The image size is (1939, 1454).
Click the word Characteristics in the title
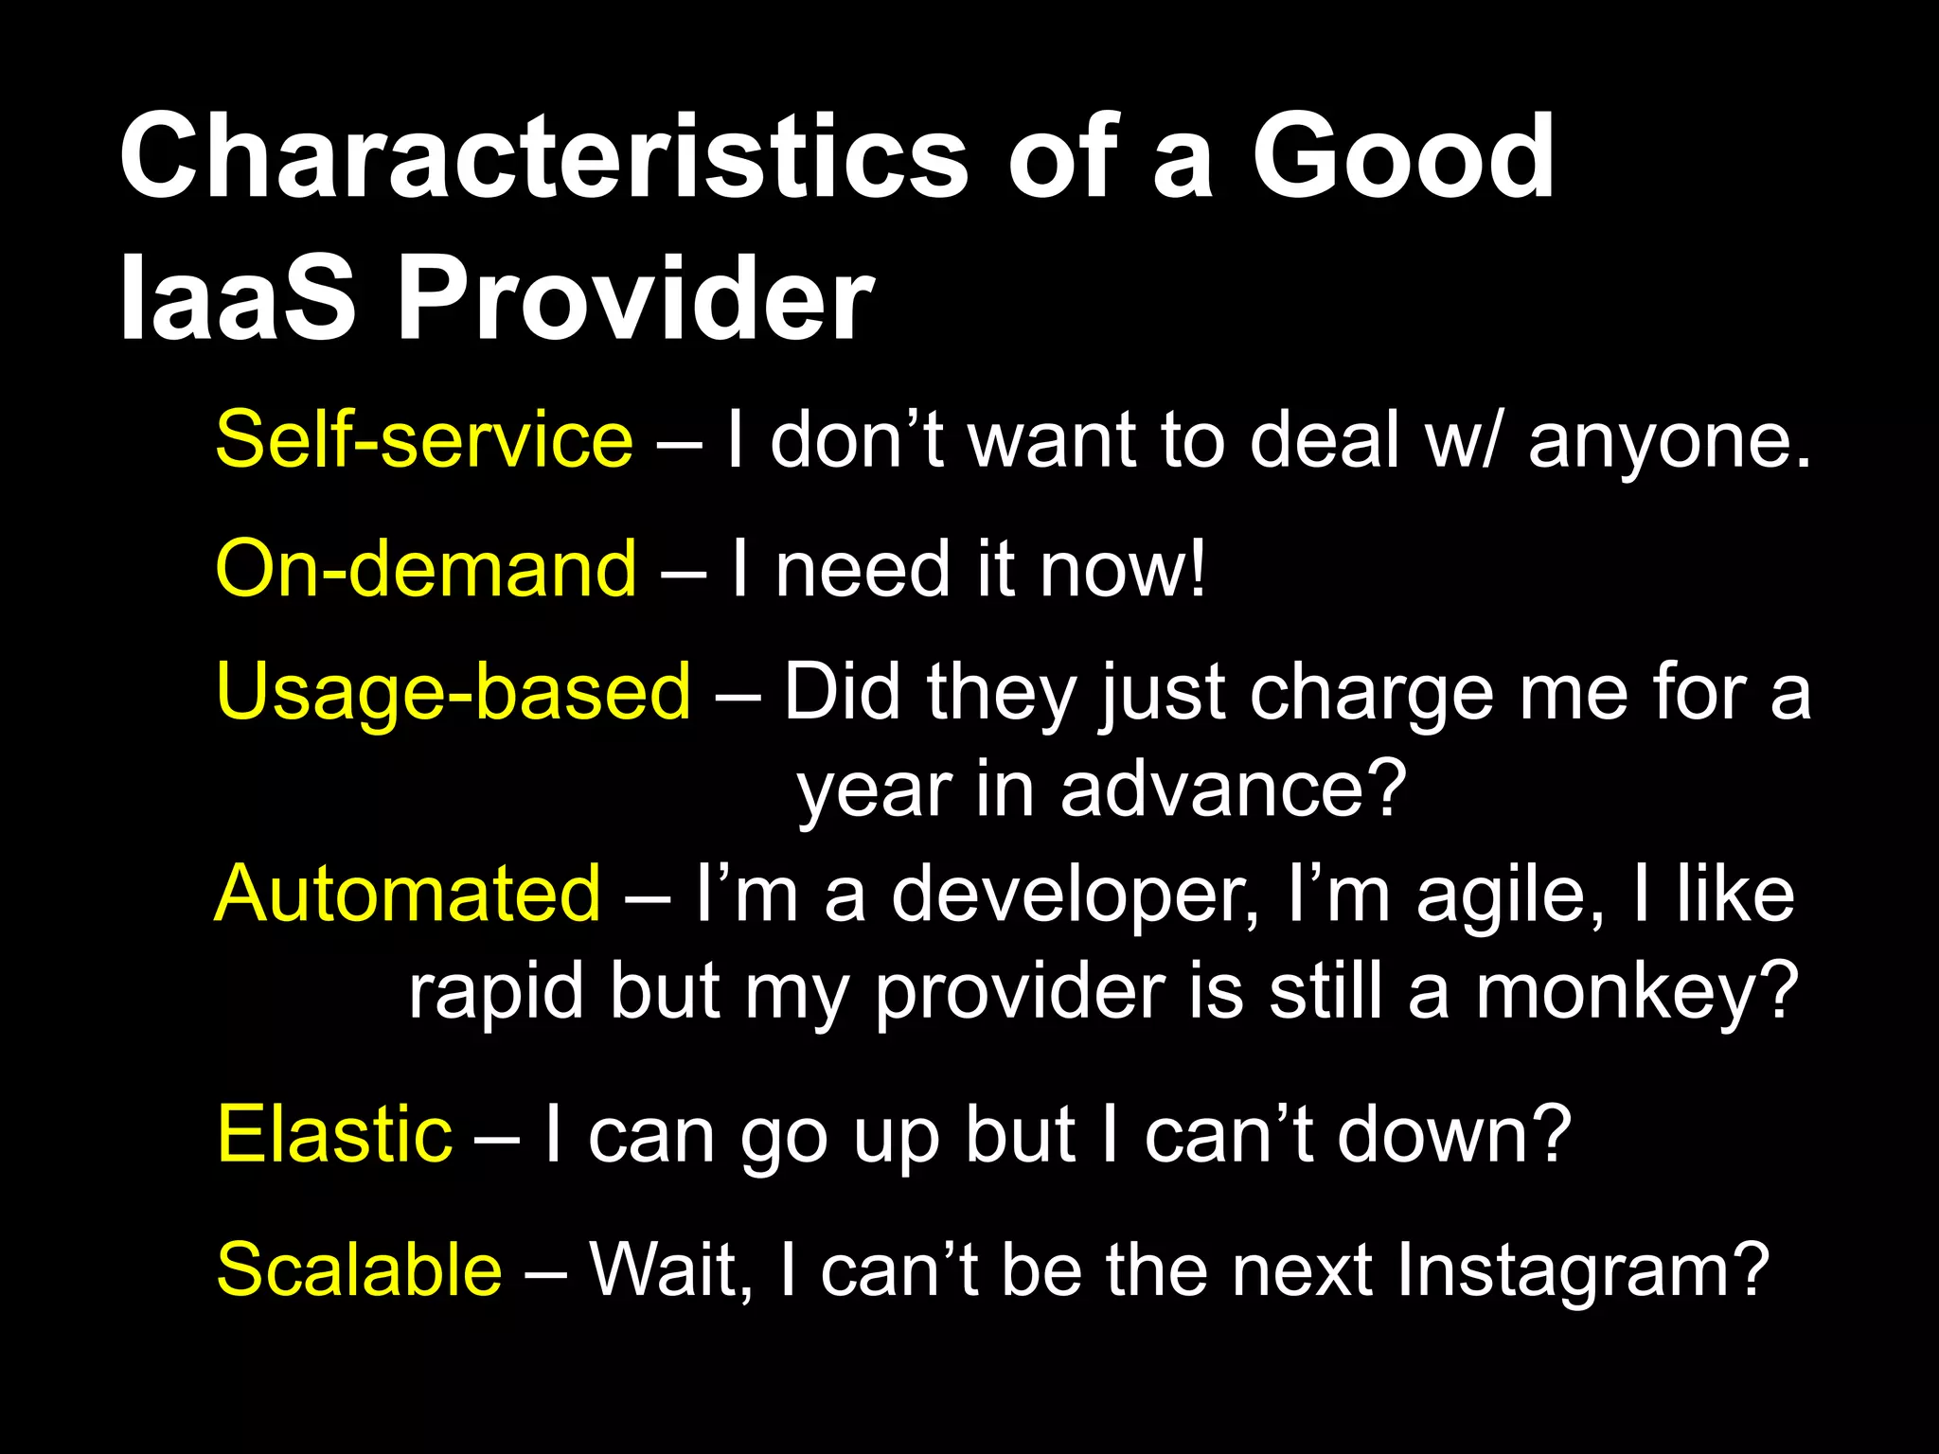pos(543,156)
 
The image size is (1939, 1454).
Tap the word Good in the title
pos(1403,156)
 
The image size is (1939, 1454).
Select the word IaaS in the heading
pos(237,300)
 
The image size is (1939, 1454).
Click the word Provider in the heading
pos(635,300)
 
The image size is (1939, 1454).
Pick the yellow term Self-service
pos(424,440)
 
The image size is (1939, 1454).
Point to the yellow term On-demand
pos(426,569)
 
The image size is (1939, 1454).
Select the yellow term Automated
pos(408,894)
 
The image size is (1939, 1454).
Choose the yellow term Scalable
pos(359,1269)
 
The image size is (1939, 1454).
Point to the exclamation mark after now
pos(1199,569)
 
